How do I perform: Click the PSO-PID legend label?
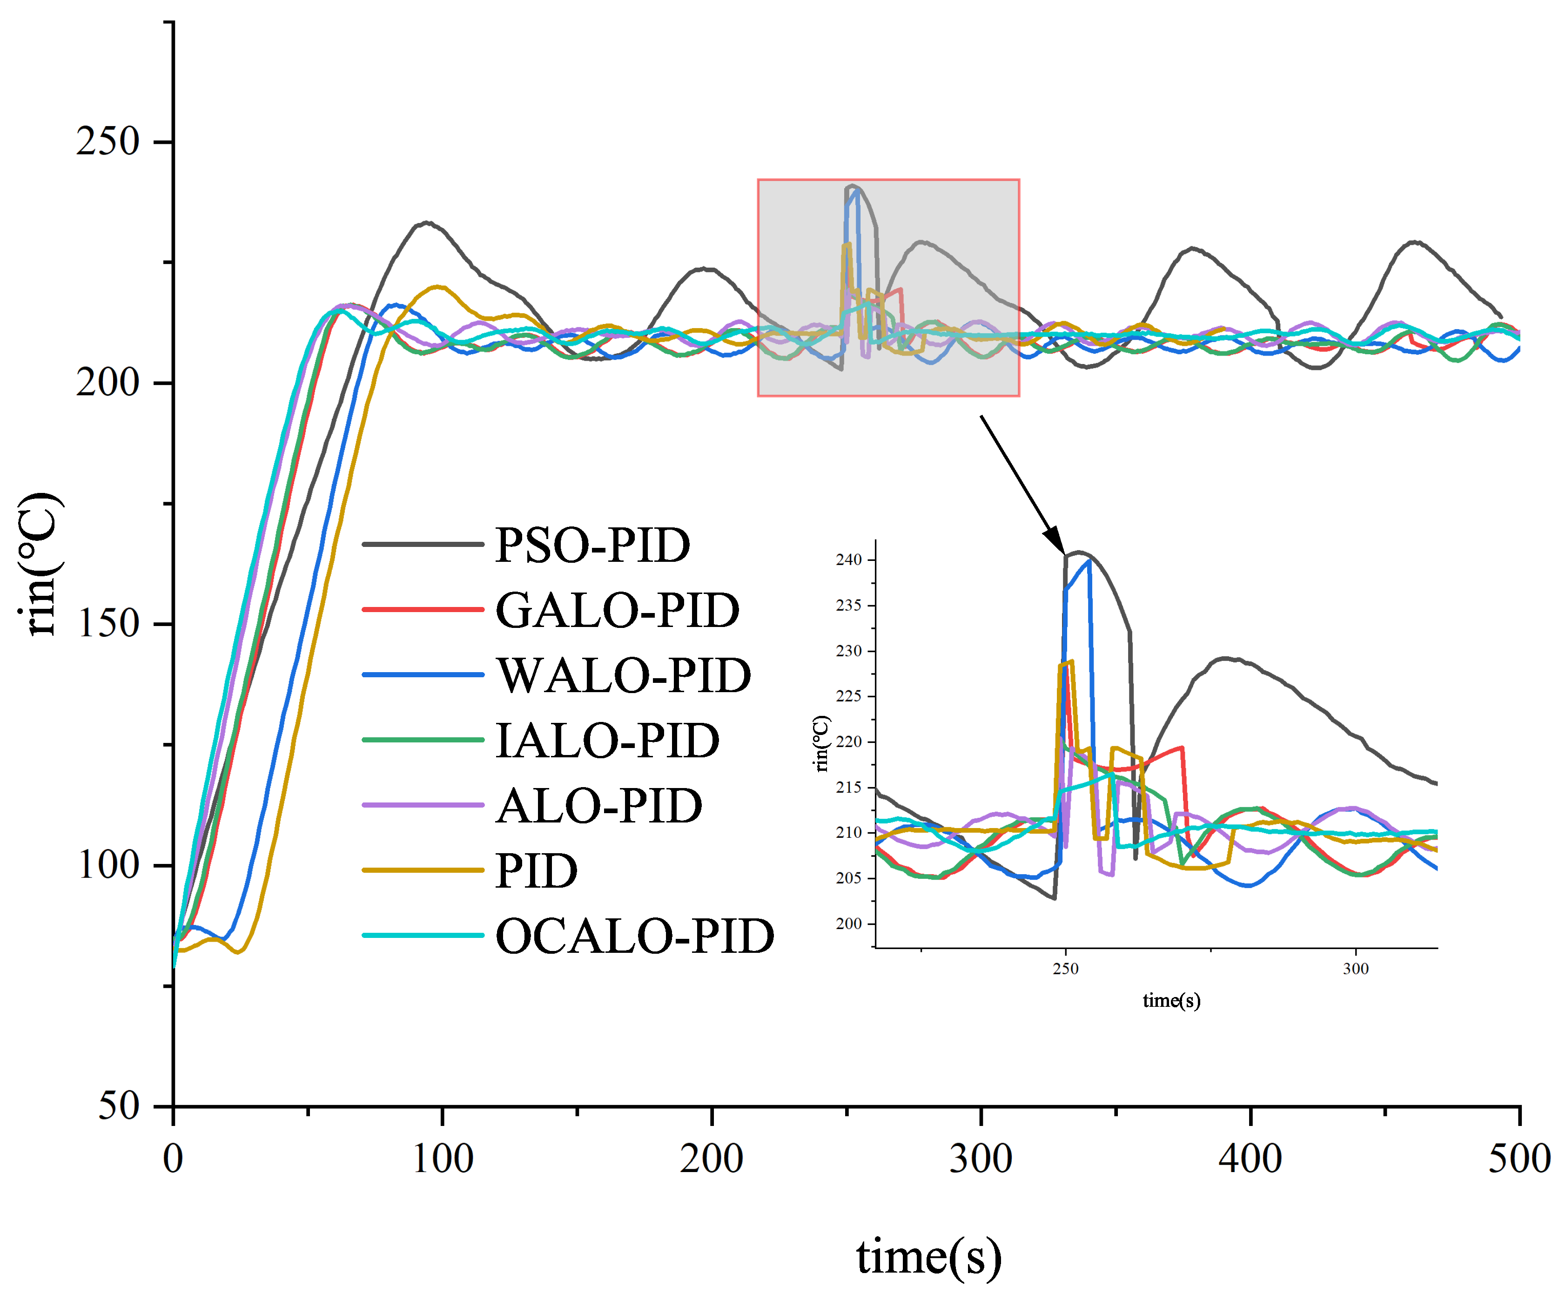coord(592,545)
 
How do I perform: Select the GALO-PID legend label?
coord(617,611)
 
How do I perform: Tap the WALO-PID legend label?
coord(623,675)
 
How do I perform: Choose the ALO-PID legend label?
coord(598,806)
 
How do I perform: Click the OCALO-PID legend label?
coord(634,936)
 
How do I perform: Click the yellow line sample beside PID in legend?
coord(423,870)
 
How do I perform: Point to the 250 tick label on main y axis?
coord(108,141)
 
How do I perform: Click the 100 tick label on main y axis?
coord(108,865)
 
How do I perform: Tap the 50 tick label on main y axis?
coord(119,1105)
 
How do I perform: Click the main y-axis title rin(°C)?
coord(41,564)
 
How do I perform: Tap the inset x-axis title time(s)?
coord(1171,1000)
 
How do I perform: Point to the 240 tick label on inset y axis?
coord(848,560)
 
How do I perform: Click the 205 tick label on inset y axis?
coord(848,878)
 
